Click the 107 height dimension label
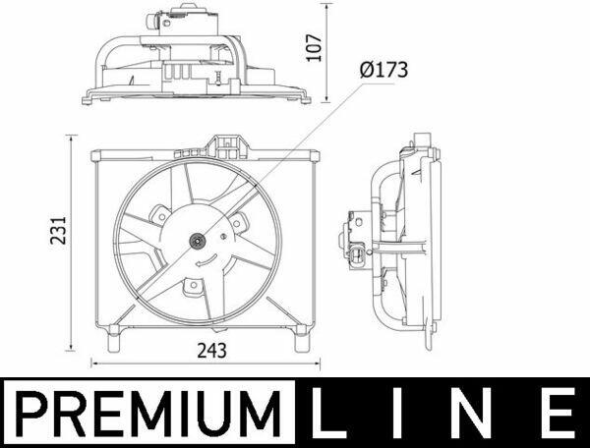tap(314, 48)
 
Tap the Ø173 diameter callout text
tap(383, 71)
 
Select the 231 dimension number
tap(58, 231)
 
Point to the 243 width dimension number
tap(211, 351)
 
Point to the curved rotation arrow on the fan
tap(206, 260)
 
